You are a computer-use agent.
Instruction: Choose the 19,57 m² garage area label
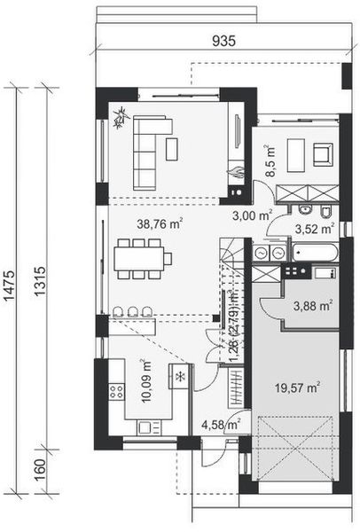[301, 387]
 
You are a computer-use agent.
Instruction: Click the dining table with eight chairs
[141, 260]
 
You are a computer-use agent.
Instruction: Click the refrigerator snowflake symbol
[181, 378]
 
